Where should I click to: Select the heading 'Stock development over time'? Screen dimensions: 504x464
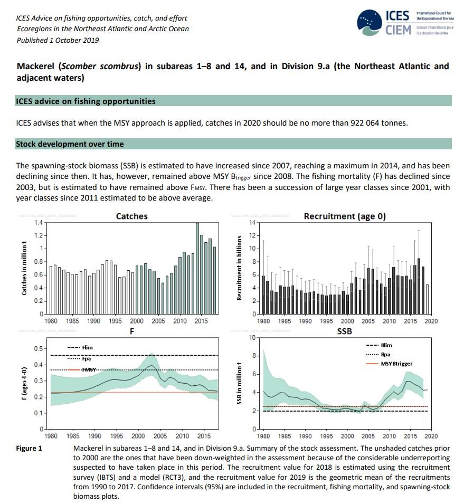click(x=70, y=144)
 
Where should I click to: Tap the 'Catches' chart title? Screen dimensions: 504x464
click(x=131, y=216)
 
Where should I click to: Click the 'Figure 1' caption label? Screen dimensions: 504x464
click(x=31, y=448)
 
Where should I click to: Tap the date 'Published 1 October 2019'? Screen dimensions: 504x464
click(x=58, y=40)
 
